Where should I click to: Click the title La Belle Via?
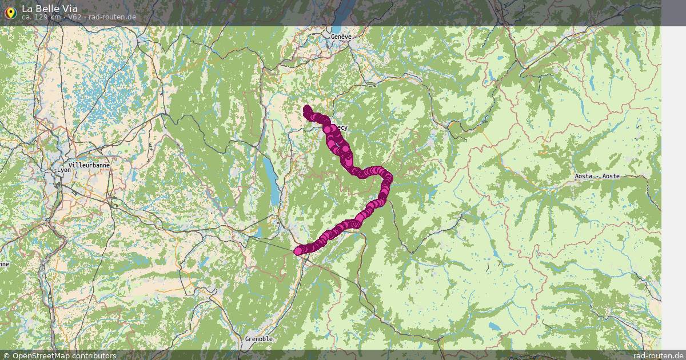pyautogui.click(x=50, y=9)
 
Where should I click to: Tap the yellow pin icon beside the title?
pyautogui.click(x=10, y=12)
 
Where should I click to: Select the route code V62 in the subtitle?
pyautogui.click(x=75, y=17)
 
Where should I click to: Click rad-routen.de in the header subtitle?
pyautogui.click(x=112, y=17)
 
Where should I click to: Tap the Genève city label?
pyautogui.click(x=341, y=37)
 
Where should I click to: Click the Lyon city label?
pyautogui.click(x=63, y=170)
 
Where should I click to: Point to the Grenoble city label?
pyautogui.click(x=259, y=339)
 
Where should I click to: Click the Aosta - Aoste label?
pyautogui.click(x=597, y=177)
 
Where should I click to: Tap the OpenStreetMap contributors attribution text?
pyautogui.click(x=64, y=355)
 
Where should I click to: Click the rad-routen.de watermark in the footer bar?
pyautogui.click(x=659, y=355)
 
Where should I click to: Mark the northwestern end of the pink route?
pyautogui.click(x=306, y=108)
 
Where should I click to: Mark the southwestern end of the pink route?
pyautogui.click(x=298, y=251)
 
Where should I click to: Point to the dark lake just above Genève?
pyautogui.click(x=337, y=23)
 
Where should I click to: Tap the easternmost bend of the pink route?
pyautogui.click(x=389, y=179)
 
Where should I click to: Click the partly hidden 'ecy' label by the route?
pyautogui.click(x=341, y=127)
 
